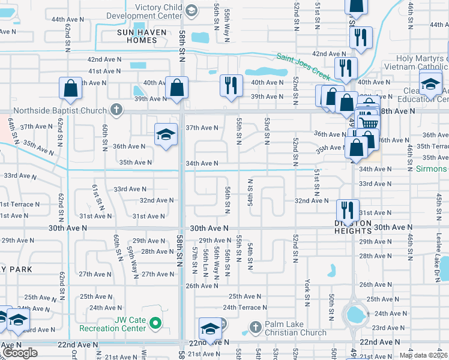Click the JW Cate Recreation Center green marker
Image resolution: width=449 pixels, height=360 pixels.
coord(155,324)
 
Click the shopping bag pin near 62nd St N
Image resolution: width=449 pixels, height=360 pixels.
coord(71,88)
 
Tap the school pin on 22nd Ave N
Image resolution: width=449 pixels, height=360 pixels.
coord(210,329)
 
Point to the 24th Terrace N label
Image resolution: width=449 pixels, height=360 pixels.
coord(244,307)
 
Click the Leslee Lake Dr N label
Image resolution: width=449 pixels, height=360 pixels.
coord(438,254)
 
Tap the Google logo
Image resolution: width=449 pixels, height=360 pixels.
coord(20,353)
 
